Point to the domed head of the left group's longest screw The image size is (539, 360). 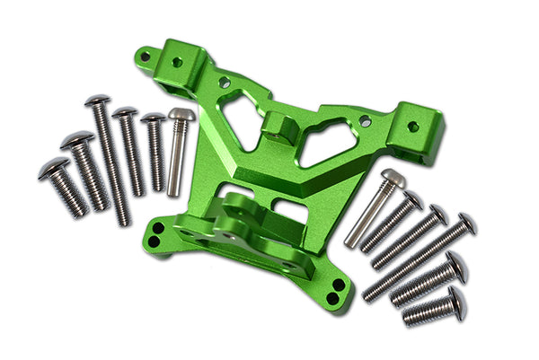[x=97, y=101]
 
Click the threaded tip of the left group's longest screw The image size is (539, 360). [x=125, y=219]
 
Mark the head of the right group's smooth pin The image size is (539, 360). [x=393, y=178]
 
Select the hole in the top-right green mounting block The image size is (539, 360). [x=413, y=127]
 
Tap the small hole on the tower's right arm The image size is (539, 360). [x=364, y=119]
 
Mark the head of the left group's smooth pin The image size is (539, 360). [x=181, y=115]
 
